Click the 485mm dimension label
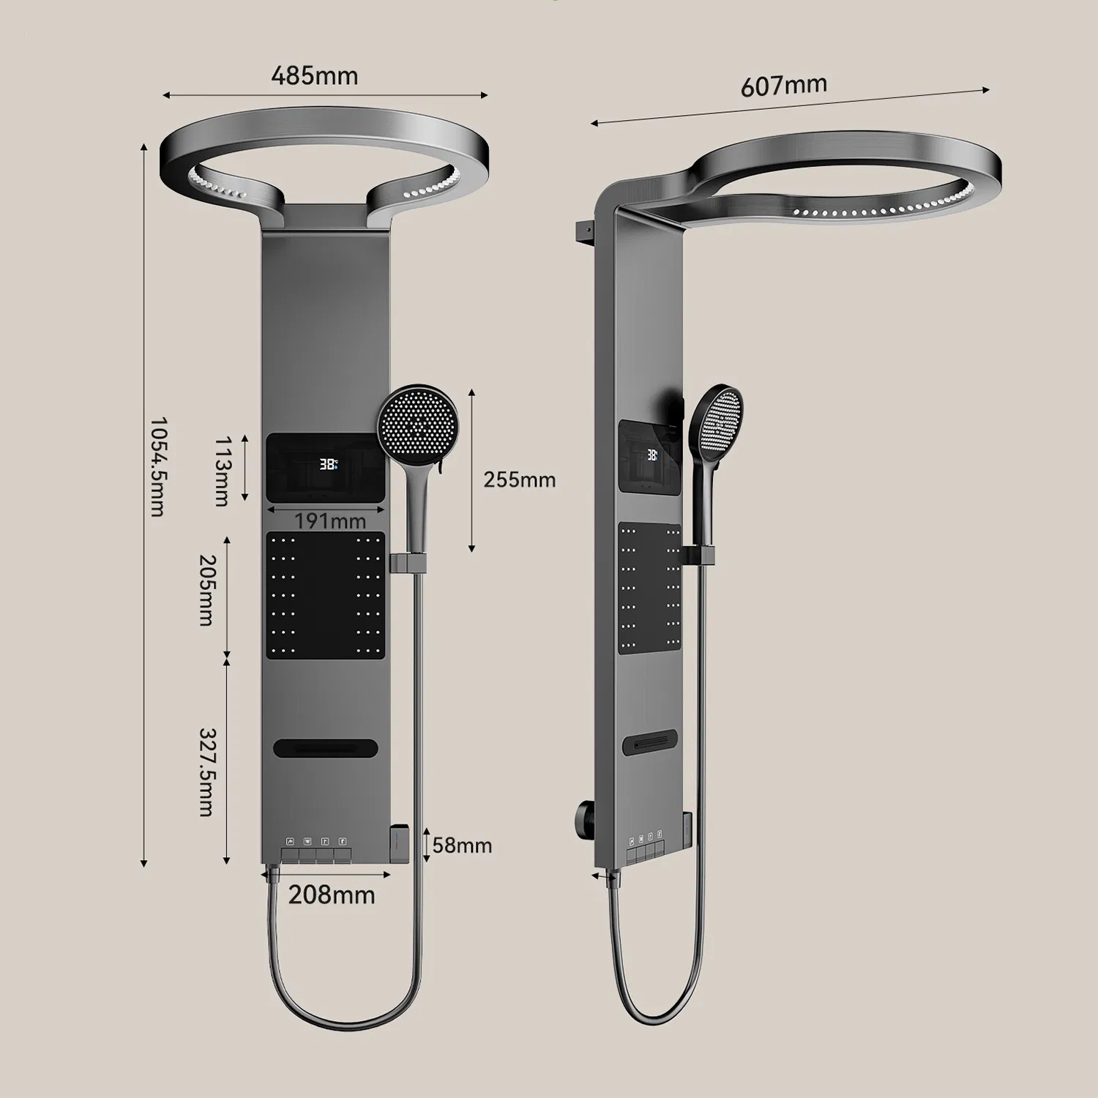(315, 75)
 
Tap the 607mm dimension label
(783, 86)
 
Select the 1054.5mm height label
(157, 467)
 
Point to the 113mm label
(222, 471)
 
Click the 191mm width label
(329, 521)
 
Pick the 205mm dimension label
(207, 590)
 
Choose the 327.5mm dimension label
(207, 772)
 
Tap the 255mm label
(519, 479)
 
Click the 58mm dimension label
(462, 845)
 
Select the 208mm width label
(331, 895)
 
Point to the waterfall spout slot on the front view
(326, 748)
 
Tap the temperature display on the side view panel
(651, 455)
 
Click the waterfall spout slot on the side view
(651, 742)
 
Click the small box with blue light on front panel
(398, 842)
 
